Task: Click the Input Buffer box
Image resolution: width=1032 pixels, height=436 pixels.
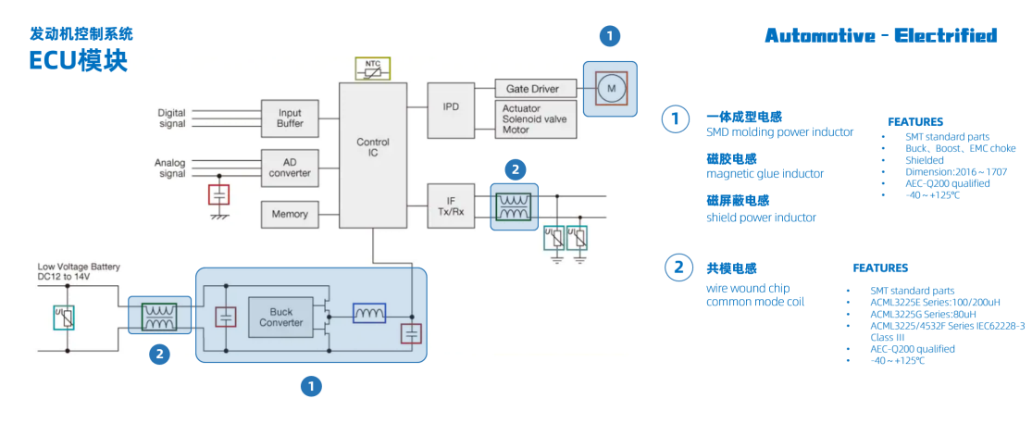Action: (x=290, y=118)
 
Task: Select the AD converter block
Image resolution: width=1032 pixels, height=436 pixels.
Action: (x=290, y=167)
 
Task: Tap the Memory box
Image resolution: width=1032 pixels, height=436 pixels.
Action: (x=290, y=214)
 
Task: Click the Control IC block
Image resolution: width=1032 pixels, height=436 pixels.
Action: (x=373, y=148)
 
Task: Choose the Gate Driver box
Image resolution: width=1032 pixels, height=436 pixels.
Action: (x=534, y=89)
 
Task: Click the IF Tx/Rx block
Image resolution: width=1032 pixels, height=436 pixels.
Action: (x=451, y=206)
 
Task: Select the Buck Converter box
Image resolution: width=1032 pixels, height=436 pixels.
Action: (x=280, y=318)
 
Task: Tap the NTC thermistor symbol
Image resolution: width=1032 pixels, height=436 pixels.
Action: (x=373, y=69)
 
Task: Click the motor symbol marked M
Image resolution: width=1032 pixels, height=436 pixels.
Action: (x=610, y=89)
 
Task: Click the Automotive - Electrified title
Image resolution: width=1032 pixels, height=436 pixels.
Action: (x=880, y=36)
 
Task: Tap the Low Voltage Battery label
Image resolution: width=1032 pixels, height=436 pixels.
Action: (x=79, y=271)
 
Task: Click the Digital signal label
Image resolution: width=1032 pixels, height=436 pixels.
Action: (x=171, y=118)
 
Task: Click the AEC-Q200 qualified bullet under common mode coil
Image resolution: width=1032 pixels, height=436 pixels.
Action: (x=913, y=349)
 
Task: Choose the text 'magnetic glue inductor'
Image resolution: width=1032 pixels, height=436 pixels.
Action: (x=765, y=174)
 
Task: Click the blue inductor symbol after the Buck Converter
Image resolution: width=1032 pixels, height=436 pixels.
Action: (x=369, y=315)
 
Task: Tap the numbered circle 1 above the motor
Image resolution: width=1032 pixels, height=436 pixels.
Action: (x=610, y=36)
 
